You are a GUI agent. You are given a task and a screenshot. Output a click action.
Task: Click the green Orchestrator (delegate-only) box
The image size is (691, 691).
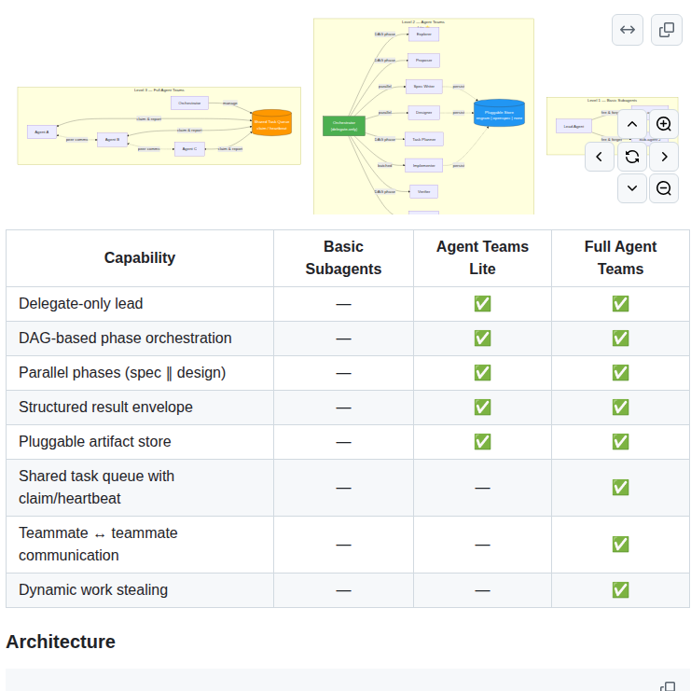(x=343, y=126)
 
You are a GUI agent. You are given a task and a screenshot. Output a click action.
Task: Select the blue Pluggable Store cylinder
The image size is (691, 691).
(x=499, y=114)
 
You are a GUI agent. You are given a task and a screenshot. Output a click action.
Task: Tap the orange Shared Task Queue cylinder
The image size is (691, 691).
(x=271, y=123)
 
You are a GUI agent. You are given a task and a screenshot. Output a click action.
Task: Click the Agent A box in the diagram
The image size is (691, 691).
(x=42, y=132)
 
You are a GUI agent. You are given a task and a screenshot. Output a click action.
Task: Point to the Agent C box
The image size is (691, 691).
(x=189, y=148)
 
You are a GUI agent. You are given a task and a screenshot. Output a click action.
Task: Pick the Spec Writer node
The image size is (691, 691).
(x=423, y=87)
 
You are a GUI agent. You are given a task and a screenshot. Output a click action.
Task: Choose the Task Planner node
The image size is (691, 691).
(x=423, y=139)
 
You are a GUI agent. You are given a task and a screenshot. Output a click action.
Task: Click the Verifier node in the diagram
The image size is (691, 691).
(x=423, y=191)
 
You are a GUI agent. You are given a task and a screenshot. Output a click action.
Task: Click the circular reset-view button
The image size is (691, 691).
(x=632, y=157)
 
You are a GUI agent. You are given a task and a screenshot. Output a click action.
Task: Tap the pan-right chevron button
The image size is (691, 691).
(x=664, y=157)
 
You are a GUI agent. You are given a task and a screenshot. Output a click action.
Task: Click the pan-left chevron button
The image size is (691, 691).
(x=601, y=157)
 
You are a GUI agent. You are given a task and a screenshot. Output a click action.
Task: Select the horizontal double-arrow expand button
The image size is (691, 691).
(x=628, y=30)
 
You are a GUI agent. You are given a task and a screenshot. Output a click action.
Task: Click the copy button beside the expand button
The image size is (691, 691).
(x=667, y=30)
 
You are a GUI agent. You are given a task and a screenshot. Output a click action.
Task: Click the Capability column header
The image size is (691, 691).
(x=140, y=258)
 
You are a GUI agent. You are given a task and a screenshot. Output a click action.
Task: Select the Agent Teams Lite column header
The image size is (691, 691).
(x=482, y=258)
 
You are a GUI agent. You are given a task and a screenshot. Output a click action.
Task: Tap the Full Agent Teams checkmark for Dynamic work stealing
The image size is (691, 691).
(x=620, y=590)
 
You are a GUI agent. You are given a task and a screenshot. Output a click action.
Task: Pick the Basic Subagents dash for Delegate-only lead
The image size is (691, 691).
(x=343, y=304)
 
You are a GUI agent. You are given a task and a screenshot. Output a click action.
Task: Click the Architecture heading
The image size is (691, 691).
(x=61, y=642)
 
